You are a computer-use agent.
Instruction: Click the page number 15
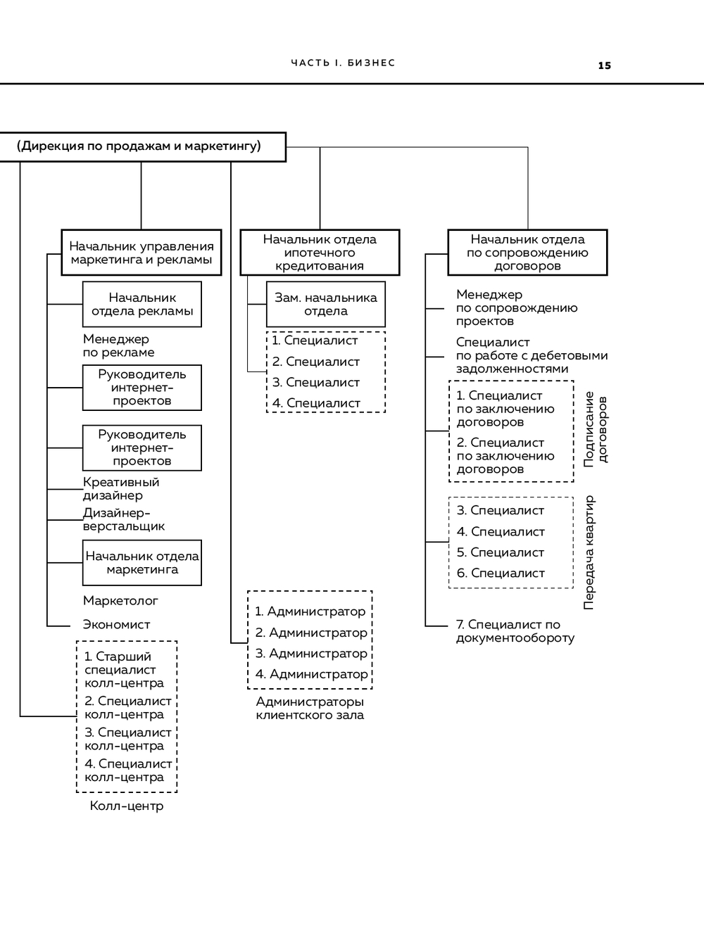click(604, 65)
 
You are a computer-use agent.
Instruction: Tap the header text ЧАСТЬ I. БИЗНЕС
click(343, 63)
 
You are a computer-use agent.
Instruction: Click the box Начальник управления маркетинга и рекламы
click(141, 253)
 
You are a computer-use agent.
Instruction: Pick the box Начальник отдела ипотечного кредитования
click(320, 253)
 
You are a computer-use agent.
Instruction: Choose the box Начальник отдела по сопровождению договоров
click(527, 253)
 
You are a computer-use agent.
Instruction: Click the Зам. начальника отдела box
click(325, 304)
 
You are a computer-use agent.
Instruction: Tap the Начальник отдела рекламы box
click(142, 304)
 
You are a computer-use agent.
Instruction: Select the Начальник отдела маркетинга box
click(142, 562)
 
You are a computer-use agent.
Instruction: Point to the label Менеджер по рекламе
click(118, 345)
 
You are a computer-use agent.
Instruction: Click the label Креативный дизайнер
click(120, 488)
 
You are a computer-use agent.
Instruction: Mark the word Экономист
click(116, 624)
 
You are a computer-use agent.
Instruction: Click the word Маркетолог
click(120, 600)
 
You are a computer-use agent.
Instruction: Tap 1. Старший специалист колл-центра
click(123, 669)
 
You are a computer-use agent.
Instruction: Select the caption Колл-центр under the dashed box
click(127, 806)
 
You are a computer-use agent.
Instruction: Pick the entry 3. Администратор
click(310, 653)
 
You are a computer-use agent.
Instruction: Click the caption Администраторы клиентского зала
click(310, 708)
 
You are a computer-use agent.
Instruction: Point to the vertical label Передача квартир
click(589, 552)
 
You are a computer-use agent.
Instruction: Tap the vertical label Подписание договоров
click(595, 430)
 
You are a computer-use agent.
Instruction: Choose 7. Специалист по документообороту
click(515, 630)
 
